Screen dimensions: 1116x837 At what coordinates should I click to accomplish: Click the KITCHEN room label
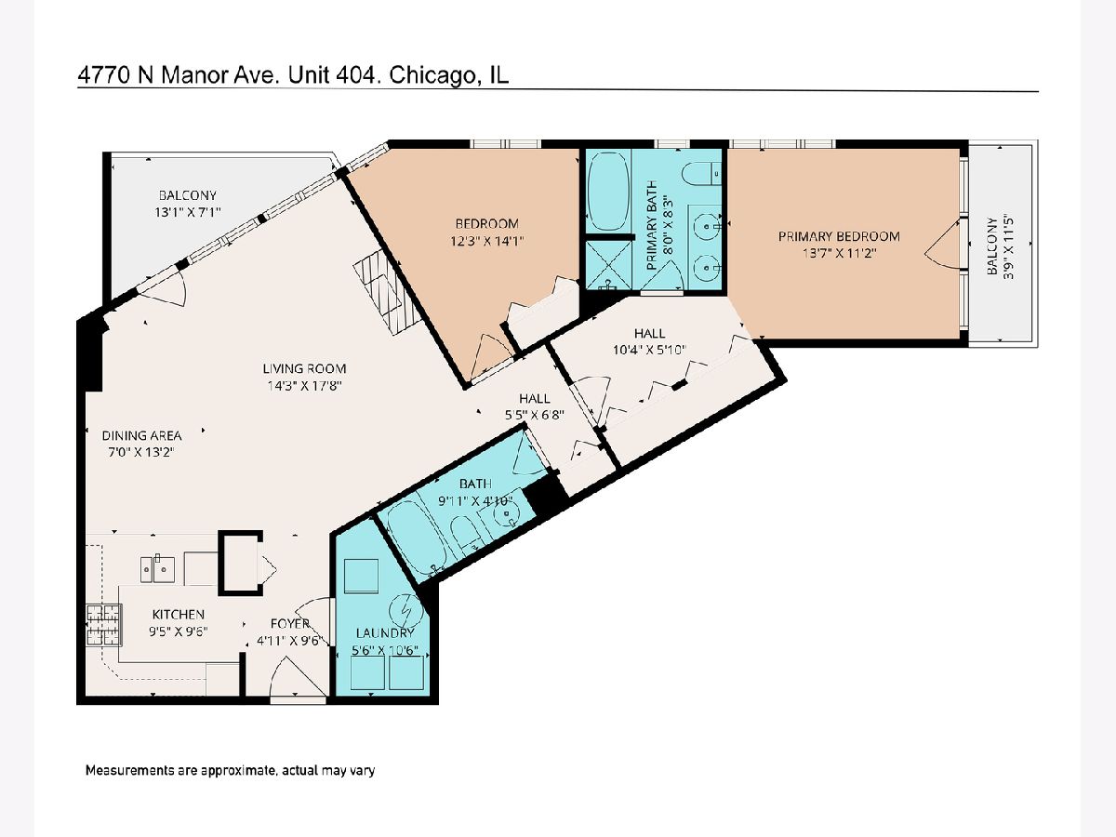point(178,615)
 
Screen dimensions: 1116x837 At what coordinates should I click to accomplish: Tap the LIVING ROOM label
point(304,368)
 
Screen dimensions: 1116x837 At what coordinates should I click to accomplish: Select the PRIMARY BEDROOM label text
point(839,236)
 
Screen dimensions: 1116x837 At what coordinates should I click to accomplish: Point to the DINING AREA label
point(142,435)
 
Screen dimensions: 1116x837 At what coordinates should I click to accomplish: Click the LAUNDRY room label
point(385,632)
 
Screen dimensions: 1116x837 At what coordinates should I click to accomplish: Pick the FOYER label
point(290,623)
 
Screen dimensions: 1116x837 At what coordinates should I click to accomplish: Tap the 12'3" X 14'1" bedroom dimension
point(486,241)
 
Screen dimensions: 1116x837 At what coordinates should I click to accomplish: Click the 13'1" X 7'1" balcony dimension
point(188,212)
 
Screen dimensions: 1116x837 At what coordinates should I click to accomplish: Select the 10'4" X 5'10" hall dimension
point(649,350)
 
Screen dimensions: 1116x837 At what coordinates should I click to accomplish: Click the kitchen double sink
point(157,569)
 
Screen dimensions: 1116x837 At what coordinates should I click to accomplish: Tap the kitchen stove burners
point(104,625)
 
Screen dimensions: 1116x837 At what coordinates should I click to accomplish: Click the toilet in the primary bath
point(701,174)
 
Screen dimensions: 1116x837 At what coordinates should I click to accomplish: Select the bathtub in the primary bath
point(608,191)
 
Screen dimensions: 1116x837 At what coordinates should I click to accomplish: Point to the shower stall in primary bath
point(608,265)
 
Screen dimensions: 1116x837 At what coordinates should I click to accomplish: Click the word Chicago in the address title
point(433,75)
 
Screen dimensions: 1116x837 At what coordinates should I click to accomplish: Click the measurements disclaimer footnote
point(230,770)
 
